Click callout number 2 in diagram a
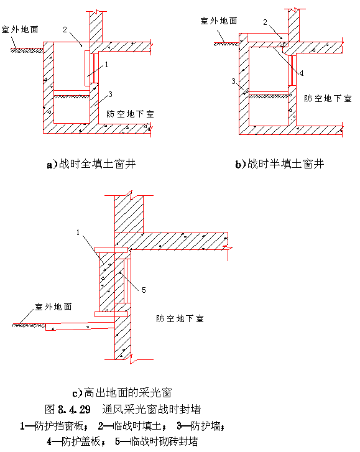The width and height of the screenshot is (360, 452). (x=65, y=29)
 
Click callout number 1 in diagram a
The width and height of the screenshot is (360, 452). (x=106, y=64)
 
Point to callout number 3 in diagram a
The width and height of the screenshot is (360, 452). (x=110, y=94)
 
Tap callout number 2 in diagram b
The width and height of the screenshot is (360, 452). (x=265, y=22)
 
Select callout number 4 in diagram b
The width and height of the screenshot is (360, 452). (x=302, y=73)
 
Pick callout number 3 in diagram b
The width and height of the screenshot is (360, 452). (x=233, y=81)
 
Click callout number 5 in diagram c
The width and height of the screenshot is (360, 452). (x=144, y=290)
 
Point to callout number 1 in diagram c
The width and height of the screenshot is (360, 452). (x=78, y=233)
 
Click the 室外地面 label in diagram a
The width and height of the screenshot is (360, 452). (x=20, y=29)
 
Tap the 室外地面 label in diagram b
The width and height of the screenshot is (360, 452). (x=219, y=21)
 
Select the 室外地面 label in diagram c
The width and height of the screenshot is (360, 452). (x=53, y=307)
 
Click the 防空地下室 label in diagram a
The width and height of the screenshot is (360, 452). (x=130, y=114)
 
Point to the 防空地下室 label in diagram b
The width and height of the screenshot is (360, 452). (x=328, y=99)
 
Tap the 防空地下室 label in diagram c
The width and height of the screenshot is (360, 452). (x=180, y=318)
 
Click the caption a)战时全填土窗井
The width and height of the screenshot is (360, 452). (x=91, y=164)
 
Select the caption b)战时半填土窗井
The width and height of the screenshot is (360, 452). (x=280, y=164)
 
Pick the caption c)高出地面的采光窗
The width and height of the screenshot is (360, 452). (x=122, y=392)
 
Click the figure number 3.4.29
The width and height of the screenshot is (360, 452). (x=75, y=409)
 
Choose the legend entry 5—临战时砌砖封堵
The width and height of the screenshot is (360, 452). (x=157, y=441)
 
